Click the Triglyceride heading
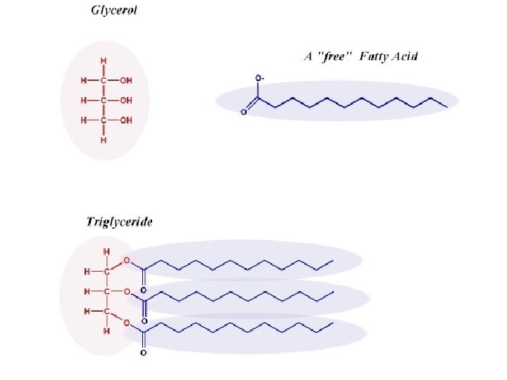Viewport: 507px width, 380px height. tap(119, 221)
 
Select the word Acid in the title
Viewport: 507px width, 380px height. tap(403, 57)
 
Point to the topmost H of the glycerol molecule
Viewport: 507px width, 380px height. tap(104, 61)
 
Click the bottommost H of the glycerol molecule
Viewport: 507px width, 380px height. tap(104, 140)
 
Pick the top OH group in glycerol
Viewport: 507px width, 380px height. tap(126, 80)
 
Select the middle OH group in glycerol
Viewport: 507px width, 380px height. tap(126, 101)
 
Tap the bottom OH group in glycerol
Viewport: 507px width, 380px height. tap(126, 120)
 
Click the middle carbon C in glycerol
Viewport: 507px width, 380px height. tap(104, 101)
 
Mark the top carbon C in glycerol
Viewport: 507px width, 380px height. tap(104, 80)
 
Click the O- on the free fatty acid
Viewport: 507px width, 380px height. tap(258, 77)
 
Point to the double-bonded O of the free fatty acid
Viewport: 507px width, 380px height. tap(244, 112)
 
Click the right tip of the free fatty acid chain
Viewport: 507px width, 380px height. tap(447, 107)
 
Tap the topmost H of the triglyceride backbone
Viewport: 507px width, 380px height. tap(106, 251)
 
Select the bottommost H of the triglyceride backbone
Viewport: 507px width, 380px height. tap(106, 331)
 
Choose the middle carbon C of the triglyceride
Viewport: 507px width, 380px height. tap(106, 291)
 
